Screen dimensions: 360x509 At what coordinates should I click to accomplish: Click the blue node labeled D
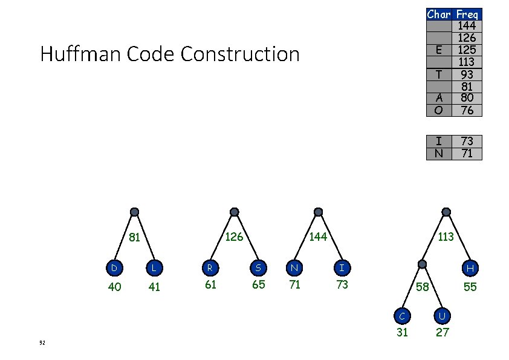(x=113, y=266)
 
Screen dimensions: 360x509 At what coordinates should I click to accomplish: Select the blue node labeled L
(x=154, y=266)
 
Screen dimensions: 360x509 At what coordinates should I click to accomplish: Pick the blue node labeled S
(x=258, y=266)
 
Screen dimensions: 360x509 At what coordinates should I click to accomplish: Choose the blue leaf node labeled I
(x=342, y=266)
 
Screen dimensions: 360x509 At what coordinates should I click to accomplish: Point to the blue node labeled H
(x=470, y=267)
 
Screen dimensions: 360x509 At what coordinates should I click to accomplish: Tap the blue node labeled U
(x=443, y=315)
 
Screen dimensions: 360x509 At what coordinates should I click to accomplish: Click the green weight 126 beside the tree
(x=233, y=237)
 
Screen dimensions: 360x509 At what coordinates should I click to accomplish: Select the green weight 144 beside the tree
(x=317, y=237)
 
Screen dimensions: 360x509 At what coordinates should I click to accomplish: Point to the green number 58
(x=421, y=286)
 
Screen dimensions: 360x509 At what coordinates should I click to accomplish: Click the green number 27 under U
(x=443, y=332)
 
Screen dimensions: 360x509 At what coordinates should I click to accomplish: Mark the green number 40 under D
(x=114, y=287)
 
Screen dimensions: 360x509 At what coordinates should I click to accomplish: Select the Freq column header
(x=467, y=14)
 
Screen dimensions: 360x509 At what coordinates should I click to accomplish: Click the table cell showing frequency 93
(x=466, y=74)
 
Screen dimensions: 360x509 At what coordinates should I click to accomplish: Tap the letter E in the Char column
(x=439, y=50)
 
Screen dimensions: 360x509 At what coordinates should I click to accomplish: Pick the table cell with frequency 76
(x=466, y=110)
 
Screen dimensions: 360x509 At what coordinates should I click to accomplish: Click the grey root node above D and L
(x=135, y=212)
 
